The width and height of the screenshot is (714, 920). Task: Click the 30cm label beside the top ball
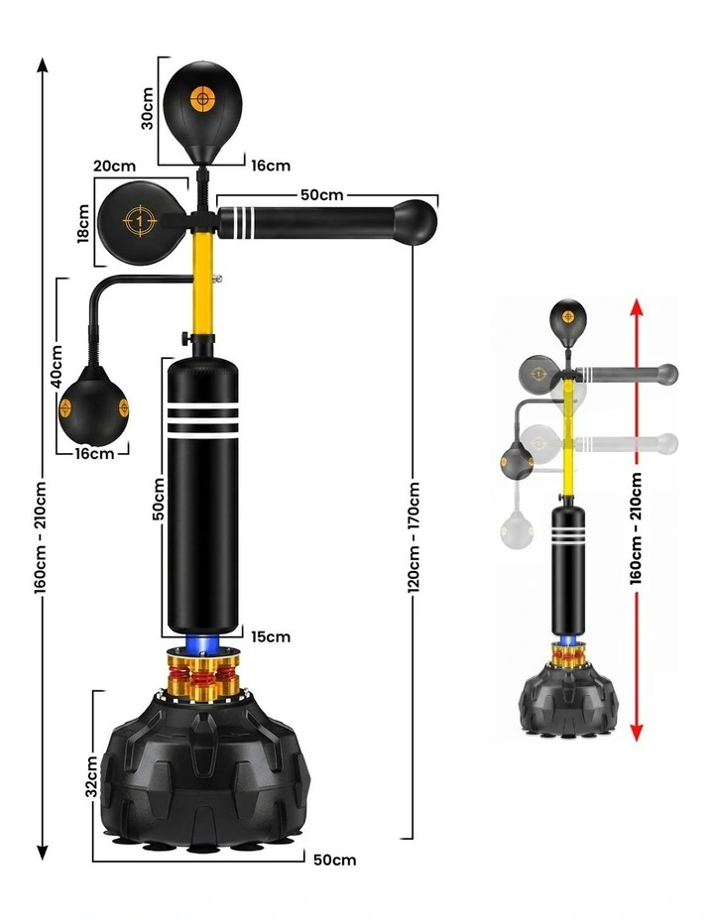pyautogui.click(x=147, y=108)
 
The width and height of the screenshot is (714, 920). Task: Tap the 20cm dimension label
pyautogui.click(x=115, y=166)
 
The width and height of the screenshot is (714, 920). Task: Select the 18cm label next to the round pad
pyautogui.click(x=83, y=223)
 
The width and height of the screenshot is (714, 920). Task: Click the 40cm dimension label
pyautogui.click(x=57, y=366)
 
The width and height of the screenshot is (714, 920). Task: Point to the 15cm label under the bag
pyautogui.click(x=271, y=636)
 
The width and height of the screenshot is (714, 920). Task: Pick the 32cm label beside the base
pyautogui.click(x=91, y=776)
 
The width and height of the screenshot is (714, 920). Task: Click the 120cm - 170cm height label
pyautogui.click(x=414, y=537)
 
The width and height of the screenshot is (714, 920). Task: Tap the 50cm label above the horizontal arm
pyautogui.click(x=322, y=194)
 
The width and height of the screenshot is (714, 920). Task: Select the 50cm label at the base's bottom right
pyautogui.click(x=334, y=860)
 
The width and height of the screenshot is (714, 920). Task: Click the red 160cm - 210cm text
pyautogui.click(x=636, y=528)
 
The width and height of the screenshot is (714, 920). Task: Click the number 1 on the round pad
pyautogui.click(x=140, y=221)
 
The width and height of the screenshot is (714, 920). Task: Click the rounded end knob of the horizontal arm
pyautogui.click(x=416, y=222)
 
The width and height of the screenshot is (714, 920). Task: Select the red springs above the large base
pyautogui.click(x=203, y=676)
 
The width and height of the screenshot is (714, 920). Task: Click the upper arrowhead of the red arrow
pyautogui.click(x=636, y=306)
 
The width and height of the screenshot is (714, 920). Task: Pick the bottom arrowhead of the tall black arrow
pyautogui.click(x=43, y=852)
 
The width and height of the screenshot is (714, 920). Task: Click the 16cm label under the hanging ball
pyautogui.click(x=94, y=453)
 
